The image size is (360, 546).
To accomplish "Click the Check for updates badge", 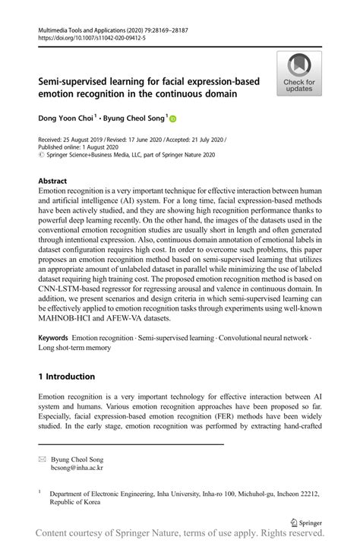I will point(299,74).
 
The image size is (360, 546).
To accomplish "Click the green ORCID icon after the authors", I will point(172,118).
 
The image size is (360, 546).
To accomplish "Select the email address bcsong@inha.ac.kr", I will point(77,469).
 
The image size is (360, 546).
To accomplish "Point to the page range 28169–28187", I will point(175,28).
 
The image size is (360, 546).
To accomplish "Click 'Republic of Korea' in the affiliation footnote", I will point(74,503).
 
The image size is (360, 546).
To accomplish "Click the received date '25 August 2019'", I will point(86,140).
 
